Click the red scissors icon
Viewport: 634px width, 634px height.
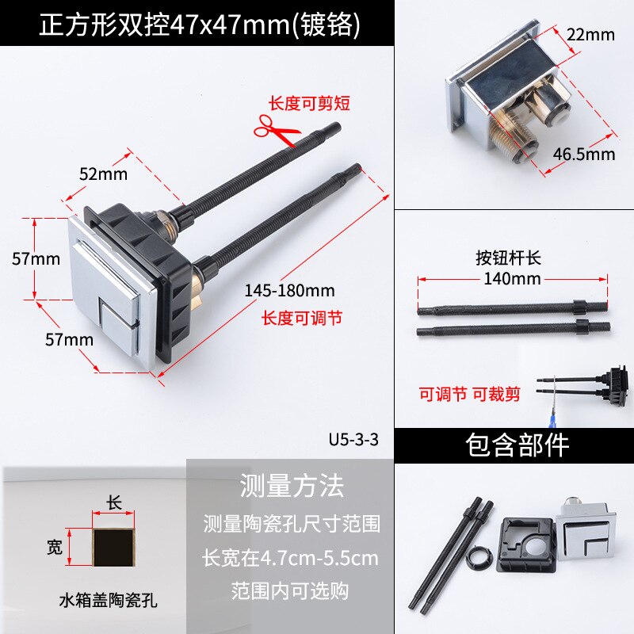(x=276, y=130)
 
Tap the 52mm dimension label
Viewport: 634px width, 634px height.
(x=103, y=174)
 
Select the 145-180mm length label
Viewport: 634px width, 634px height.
(x=289, y=290)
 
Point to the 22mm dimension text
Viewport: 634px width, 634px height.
(x=590, y=35)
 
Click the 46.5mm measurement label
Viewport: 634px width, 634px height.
(x=583, y=154)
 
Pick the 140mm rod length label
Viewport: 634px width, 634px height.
(x=512, y=279)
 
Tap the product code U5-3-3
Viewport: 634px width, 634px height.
(x=353, y=439)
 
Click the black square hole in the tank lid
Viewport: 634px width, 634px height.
(x=113, y=548)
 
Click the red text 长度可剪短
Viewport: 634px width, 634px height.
(x=309, y=103)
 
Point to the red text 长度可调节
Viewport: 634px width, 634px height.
(x=302, y=319)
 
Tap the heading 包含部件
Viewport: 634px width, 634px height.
(x=518, y=445)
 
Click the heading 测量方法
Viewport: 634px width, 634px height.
(x=292, y=486)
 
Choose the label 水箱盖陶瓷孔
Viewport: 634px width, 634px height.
(x=108, y=600)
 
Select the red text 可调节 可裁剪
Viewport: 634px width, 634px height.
(x=469, y=394)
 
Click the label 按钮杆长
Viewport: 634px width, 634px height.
(x=508, y=258)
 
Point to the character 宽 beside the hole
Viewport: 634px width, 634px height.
(x=55, y=547)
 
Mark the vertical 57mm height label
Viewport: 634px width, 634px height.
(x=36, y=259)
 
